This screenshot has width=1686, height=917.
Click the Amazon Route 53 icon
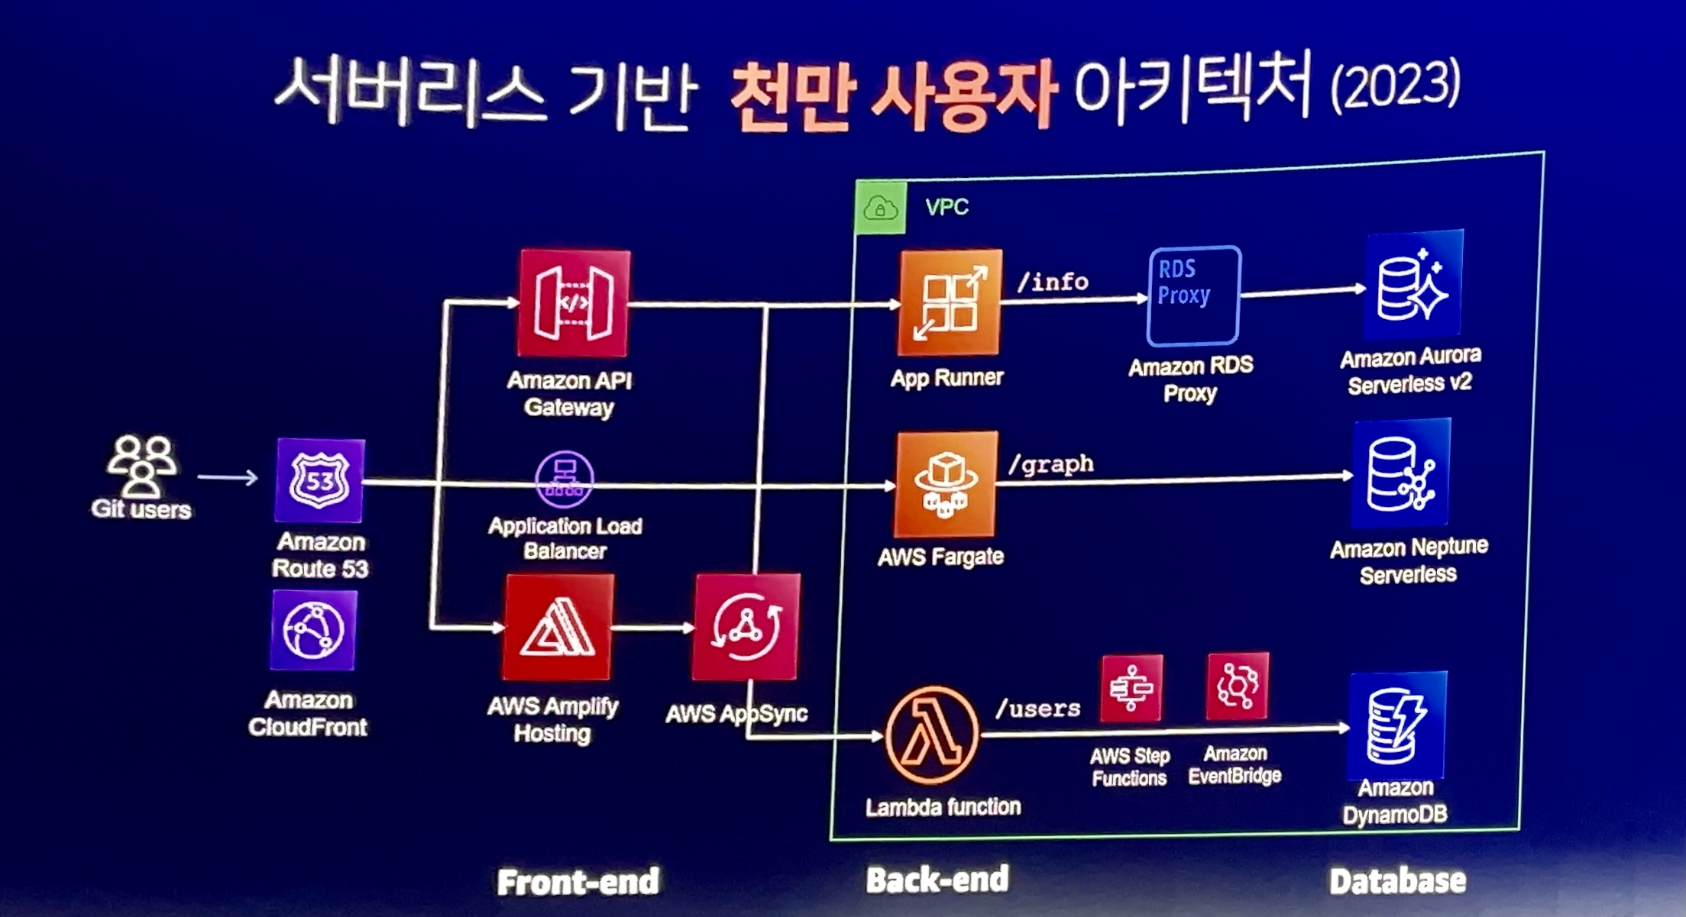coord(319,480)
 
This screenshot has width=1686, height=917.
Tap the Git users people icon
coord(141,465)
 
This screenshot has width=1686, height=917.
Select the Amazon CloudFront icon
coord(313,630)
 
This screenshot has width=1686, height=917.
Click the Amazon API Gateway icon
coord(574,303)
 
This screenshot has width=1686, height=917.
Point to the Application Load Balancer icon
coord(565,479)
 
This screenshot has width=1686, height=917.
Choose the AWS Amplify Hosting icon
coord(558,627)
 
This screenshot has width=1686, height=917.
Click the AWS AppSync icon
coord(746,627)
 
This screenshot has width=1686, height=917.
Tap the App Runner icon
coord(950,302)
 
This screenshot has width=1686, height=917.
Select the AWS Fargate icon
coord(946,484)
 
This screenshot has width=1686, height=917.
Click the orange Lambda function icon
coord(931,735)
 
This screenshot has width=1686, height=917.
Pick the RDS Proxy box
coord(1192,295)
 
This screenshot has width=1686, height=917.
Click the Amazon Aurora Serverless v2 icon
coord(1413,285)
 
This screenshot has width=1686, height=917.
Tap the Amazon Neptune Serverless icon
coord(1401,473)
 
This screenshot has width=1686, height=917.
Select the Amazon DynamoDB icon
coord(1397,725)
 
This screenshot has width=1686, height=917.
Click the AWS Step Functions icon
coord(1131,688)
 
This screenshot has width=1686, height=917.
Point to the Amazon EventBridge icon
coord(1237,686)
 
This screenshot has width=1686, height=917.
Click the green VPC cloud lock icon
coord(881,207)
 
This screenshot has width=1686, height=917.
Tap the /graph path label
coord(1050,464)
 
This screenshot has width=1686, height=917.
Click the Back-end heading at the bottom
coord(937,880)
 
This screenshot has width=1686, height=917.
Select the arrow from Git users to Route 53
coord(228,478)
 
